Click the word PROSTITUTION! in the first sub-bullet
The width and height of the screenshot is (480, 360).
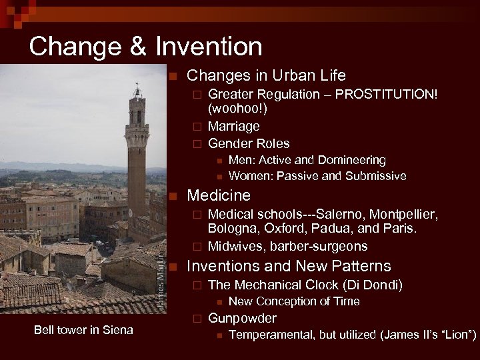tap(387, 94)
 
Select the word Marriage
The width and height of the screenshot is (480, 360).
tap(234, 126)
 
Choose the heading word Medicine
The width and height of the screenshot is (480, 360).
tap(219, 195)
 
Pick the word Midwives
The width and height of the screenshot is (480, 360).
tap(233, 246)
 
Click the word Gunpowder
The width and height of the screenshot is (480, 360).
tap(243, 318)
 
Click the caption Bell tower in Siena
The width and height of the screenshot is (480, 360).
tap(84, 330)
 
